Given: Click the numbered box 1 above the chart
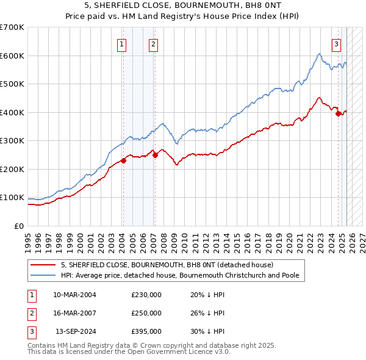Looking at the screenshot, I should coord(122,43).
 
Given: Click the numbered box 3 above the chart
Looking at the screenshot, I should coord(336,43).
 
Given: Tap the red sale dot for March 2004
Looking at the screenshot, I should coord(123,160).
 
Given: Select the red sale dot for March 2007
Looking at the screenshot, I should coord(155,155).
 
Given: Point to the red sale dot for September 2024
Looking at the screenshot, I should coord(338,113).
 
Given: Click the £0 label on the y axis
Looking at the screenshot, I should coord(19,226).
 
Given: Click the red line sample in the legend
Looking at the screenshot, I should coord(43,265).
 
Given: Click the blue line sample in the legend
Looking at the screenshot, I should coord(43,275).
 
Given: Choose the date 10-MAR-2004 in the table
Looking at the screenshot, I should coord(74,295).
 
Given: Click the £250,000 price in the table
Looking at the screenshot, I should coord(146,313).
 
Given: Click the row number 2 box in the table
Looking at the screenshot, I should coord(30,313).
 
